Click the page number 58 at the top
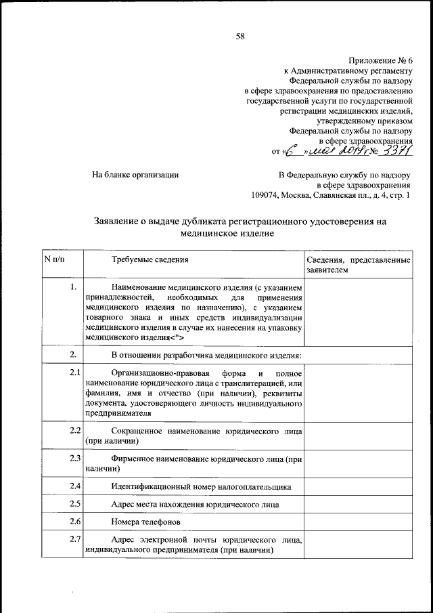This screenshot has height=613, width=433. [x=240, y=37]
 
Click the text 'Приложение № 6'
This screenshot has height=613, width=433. [x=380, y=60]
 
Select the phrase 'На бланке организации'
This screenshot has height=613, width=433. [x=135, y=175]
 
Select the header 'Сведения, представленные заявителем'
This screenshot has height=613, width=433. [x=358, y=265]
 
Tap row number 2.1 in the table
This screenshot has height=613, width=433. [x=75, y=373]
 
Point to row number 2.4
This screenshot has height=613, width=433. [x=75, y=486]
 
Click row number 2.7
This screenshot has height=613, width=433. [x=75, y=539]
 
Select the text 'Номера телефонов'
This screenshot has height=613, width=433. [x=146, y=522]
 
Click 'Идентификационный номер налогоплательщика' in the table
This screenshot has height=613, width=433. [x=201, y=486]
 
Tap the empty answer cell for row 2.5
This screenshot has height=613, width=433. [x=358, y=504]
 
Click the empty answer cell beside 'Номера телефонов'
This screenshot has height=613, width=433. [x=358, y=522]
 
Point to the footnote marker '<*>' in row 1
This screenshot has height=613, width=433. [x=176, y=337]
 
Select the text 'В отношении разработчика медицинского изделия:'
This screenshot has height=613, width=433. [x=206, y=355]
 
